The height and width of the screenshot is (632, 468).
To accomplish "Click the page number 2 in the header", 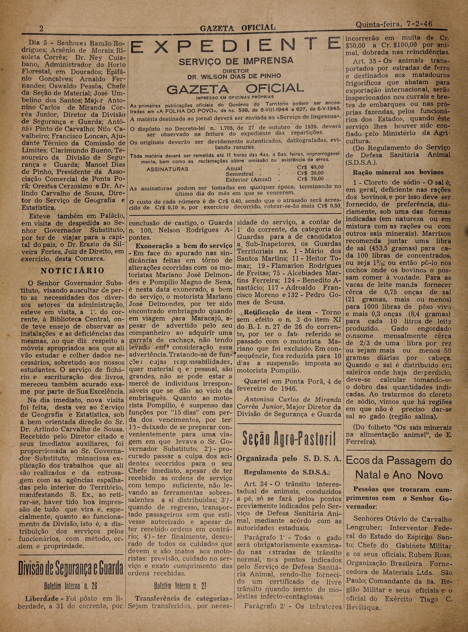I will click(x=41, y=28).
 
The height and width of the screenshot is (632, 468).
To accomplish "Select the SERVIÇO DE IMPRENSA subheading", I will click(x=236, y=61).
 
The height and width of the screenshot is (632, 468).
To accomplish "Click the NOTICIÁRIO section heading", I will click(x=72, y=271).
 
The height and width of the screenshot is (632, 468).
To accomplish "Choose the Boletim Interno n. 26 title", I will click(x=71, y=586).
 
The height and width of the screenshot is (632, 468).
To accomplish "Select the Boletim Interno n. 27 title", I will click(x=180, y=586).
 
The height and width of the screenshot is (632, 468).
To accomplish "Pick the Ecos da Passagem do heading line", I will click(x=399, y=461).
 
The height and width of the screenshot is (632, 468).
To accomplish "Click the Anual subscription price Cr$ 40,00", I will click(x=310, y=167).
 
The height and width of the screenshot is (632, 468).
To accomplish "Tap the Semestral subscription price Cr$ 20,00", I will click(x=310, y=173).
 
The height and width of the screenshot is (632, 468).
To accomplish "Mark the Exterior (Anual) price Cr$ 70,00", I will click(x=310, y=179).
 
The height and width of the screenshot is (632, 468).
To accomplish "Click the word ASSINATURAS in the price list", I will click(x=167, y=169).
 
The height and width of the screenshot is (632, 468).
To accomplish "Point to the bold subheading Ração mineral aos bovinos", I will click(x=398, y=172).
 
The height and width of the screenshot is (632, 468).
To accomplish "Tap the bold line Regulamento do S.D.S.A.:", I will click(x=287, y=472).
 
